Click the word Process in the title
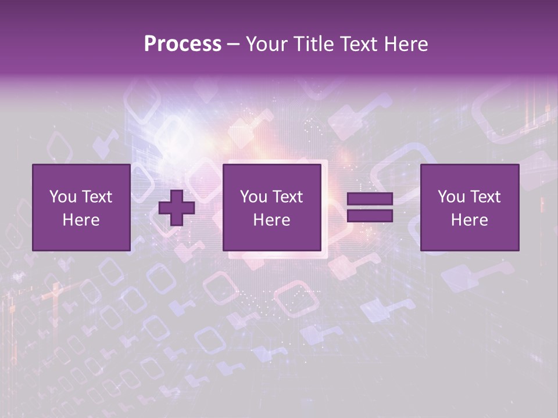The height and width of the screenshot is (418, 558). pos(183,44)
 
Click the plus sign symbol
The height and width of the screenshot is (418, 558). pos(177,208)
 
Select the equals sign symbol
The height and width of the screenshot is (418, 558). pos(370,208)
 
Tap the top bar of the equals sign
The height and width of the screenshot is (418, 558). pos(370,199)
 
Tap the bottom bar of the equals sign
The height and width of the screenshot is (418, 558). pos(370,216)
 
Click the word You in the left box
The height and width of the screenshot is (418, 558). pos(63,197)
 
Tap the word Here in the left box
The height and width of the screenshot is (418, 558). pos(81,220)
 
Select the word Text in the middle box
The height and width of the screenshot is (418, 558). pos(289,197)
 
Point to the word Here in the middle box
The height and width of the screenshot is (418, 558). pos(271,220)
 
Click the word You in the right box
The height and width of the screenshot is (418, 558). pos(451,197)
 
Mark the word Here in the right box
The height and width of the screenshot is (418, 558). pos(470,220)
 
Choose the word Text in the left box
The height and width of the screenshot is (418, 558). pos(98,197)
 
